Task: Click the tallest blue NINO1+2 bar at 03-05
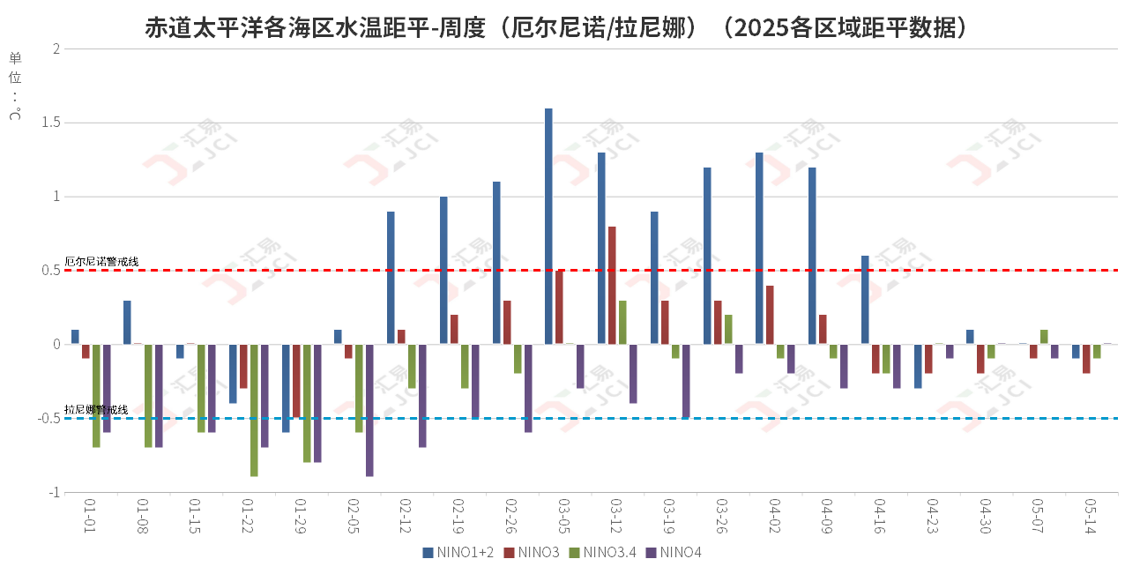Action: pyautogui.click(x=548, y=227)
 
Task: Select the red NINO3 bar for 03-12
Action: pyautogui.click(x=612, y=286)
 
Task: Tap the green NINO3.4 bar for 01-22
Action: pyautogui.click(x=254, y=410)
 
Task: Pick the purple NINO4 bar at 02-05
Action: pyautogui.click(x=369, y=410)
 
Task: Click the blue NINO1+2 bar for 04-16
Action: pyautogui.click(x=865, y=300)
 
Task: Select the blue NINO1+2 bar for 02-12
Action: pyautogui.click(x=391, y=278)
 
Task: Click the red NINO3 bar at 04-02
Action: pyautogui.click(x=770, y=315)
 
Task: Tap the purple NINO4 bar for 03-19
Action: pyautogui.click(x=686, y=381)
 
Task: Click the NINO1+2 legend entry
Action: pyautogui.click(x=458, y=553)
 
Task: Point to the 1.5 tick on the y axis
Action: pyautogui.click(x=50, y=123)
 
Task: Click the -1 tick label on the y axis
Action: pyautogui.click(x=52, y=492)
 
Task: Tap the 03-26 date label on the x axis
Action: pyautogui.click(x=722, y=517)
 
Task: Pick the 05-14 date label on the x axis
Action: pyautogui.click(x=1091, y=517)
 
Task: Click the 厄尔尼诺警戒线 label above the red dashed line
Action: pyautogui.click(x=102, y=262)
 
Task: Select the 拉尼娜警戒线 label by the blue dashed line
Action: pyautogui.click(x=97, y=410)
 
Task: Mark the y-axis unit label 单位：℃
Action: pyautogui.click(x=15, y=86)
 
